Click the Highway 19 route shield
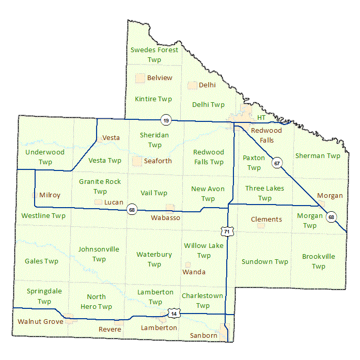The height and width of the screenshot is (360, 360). click(x=165, y=120)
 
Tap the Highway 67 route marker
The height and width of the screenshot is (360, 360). click(x=277, y=163)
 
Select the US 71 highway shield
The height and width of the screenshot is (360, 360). click(x=226, y=232)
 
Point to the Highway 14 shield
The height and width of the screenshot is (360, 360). click(x=174, y=313)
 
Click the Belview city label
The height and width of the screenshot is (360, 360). click(x=160, y=78)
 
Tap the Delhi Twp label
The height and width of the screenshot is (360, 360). click(x=208, y=105)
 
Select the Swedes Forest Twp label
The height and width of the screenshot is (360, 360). click(x=154, y=55)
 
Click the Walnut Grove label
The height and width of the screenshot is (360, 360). click(x=40, y=321)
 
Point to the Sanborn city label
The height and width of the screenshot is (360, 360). click(x=204, y=335)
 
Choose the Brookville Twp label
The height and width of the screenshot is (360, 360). click(x=318, y=261)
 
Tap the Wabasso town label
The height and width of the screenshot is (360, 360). click(x=165, y=217)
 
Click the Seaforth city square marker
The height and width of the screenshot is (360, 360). click(x=137, y=161)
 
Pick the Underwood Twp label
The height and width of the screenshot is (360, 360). click(x=45, y=157)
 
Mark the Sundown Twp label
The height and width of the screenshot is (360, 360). click(x=264, y=262)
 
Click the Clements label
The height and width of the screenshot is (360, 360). click(x=266, y=219)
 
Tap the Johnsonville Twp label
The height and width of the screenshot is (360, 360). click(x=99, y=254)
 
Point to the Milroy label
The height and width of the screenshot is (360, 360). click(x=50, y=195)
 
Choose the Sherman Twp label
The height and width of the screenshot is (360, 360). click(x=318, y=155)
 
